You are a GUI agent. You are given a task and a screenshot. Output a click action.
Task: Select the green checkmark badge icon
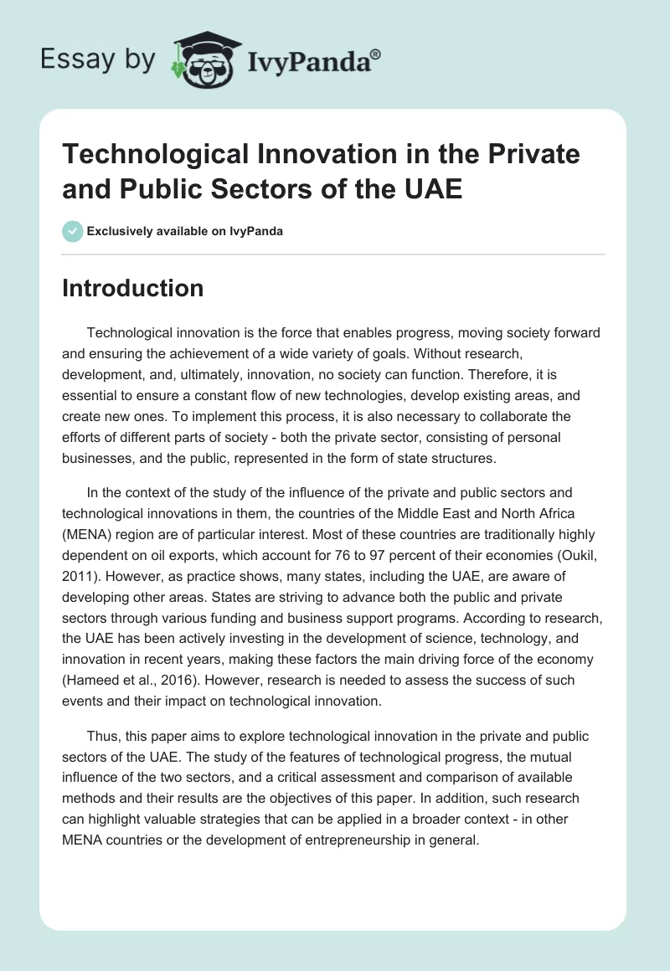click(73, 231)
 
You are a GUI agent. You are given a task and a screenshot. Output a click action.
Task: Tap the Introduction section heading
click(133, 288)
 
